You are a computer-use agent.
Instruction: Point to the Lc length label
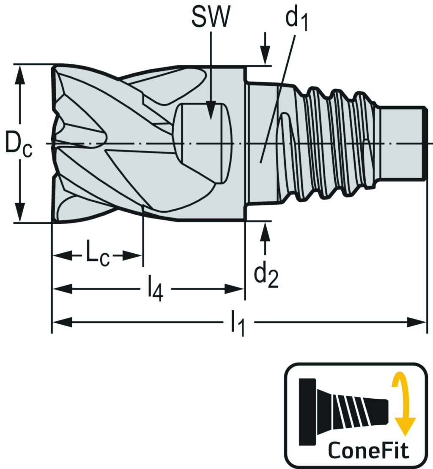click(x=98, y=255)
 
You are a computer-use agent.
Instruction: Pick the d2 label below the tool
click(x=266, y=276)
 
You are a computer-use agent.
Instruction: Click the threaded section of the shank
click(x=334, y=144)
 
